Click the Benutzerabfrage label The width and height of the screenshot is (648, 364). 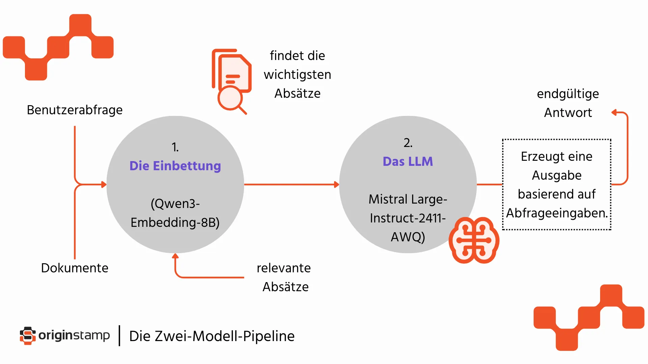click(x=75, y=110)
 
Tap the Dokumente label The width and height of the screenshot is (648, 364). click(x=75, y=268)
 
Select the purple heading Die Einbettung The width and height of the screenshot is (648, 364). click(x=175, y=166)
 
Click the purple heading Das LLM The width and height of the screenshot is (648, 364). click(x=408, y=161)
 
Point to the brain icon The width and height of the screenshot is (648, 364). click(x=474, y=240)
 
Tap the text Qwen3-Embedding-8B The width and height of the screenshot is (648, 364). click(x=175, y=213)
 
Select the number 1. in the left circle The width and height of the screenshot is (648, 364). click(x=175, y=147)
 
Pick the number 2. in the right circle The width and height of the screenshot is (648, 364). click(x=408, y=143)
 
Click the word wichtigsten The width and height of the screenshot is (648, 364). click(x=297, y=74)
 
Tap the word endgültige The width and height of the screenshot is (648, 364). click(x=568, y=94)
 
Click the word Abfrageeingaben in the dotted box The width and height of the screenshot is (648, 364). click(x=556, y=213)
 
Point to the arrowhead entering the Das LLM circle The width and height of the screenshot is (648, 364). click(x=336, y=184)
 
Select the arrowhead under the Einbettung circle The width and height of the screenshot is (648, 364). click(x=175, y=256)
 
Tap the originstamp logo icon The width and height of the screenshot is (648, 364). click(x=28, y=336)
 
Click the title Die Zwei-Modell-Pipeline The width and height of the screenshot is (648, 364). click(x=212, y=336)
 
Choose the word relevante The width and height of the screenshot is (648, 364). click(x=283, y=268)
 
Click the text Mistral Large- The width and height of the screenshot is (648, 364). click(x=408, y=199)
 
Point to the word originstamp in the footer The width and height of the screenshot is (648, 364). click(x=74, y=335)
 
